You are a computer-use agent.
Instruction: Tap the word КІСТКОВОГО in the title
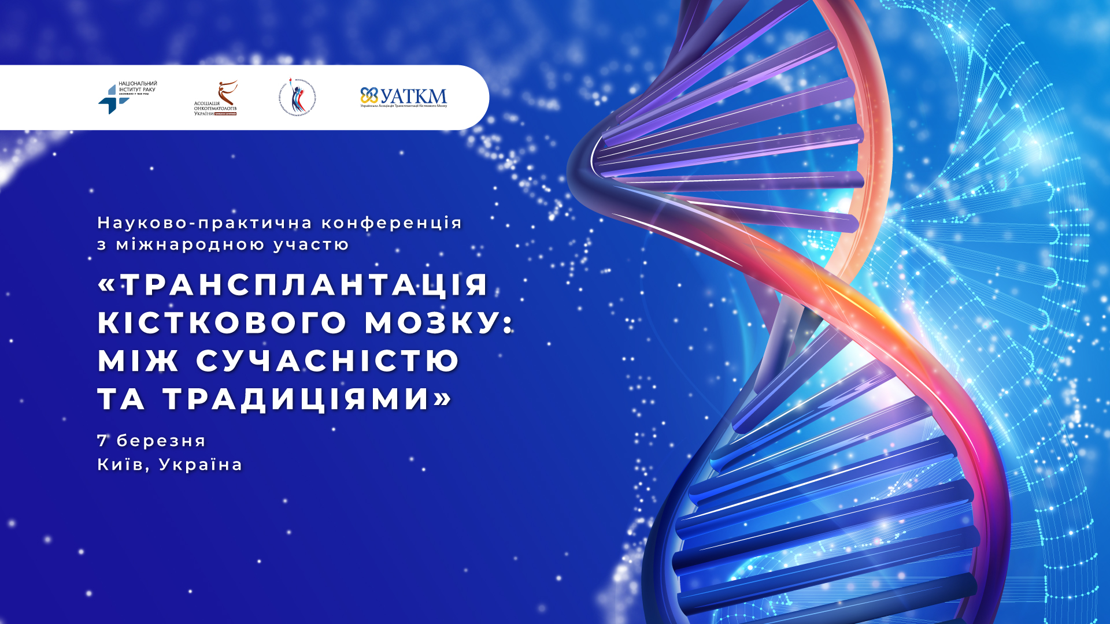click(223, 322)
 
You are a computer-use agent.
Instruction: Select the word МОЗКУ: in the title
click(438, 322)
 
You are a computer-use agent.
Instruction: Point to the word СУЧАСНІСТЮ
click(327, 361)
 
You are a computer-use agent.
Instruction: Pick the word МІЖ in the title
click(138, 361)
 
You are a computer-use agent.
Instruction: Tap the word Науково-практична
click(205, 223)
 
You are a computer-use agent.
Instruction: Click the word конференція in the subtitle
click(391, 223)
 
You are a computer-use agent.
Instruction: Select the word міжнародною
click(190, 245)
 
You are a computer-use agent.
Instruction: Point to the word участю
click(311, 245)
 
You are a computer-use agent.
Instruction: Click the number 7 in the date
click(102, 441)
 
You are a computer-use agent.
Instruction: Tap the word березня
click(161, 441)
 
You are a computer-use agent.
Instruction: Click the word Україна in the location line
click(201, 465)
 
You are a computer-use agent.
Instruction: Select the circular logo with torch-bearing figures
click(297, 97)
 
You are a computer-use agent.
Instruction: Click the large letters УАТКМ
click(414, 96)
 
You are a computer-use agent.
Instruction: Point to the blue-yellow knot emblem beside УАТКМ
click(369, 95)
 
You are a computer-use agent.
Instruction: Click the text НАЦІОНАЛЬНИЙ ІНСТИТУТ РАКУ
click(138, 87)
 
